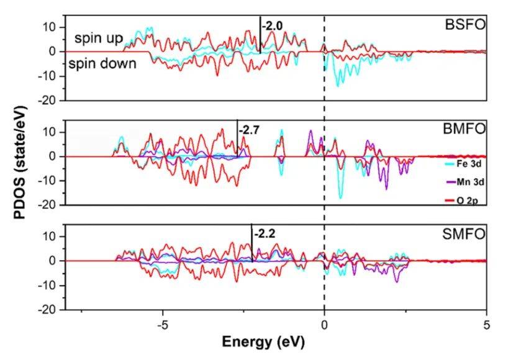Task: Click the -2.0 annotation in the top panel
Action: click(x=272, y=26)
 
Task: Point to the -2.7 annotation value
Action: click(x=249, y=131)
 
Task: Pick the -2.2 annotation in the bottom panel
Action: click(x=263, y=235)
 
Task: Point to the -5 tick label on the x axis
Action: click(x=162, y=324)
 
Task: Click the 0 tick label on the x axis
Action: click(x=324, y=324)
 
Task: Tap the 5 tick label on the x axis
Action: click(x=487, y=324)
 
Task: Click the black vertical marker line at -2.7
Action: click(x=237, y=138)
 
